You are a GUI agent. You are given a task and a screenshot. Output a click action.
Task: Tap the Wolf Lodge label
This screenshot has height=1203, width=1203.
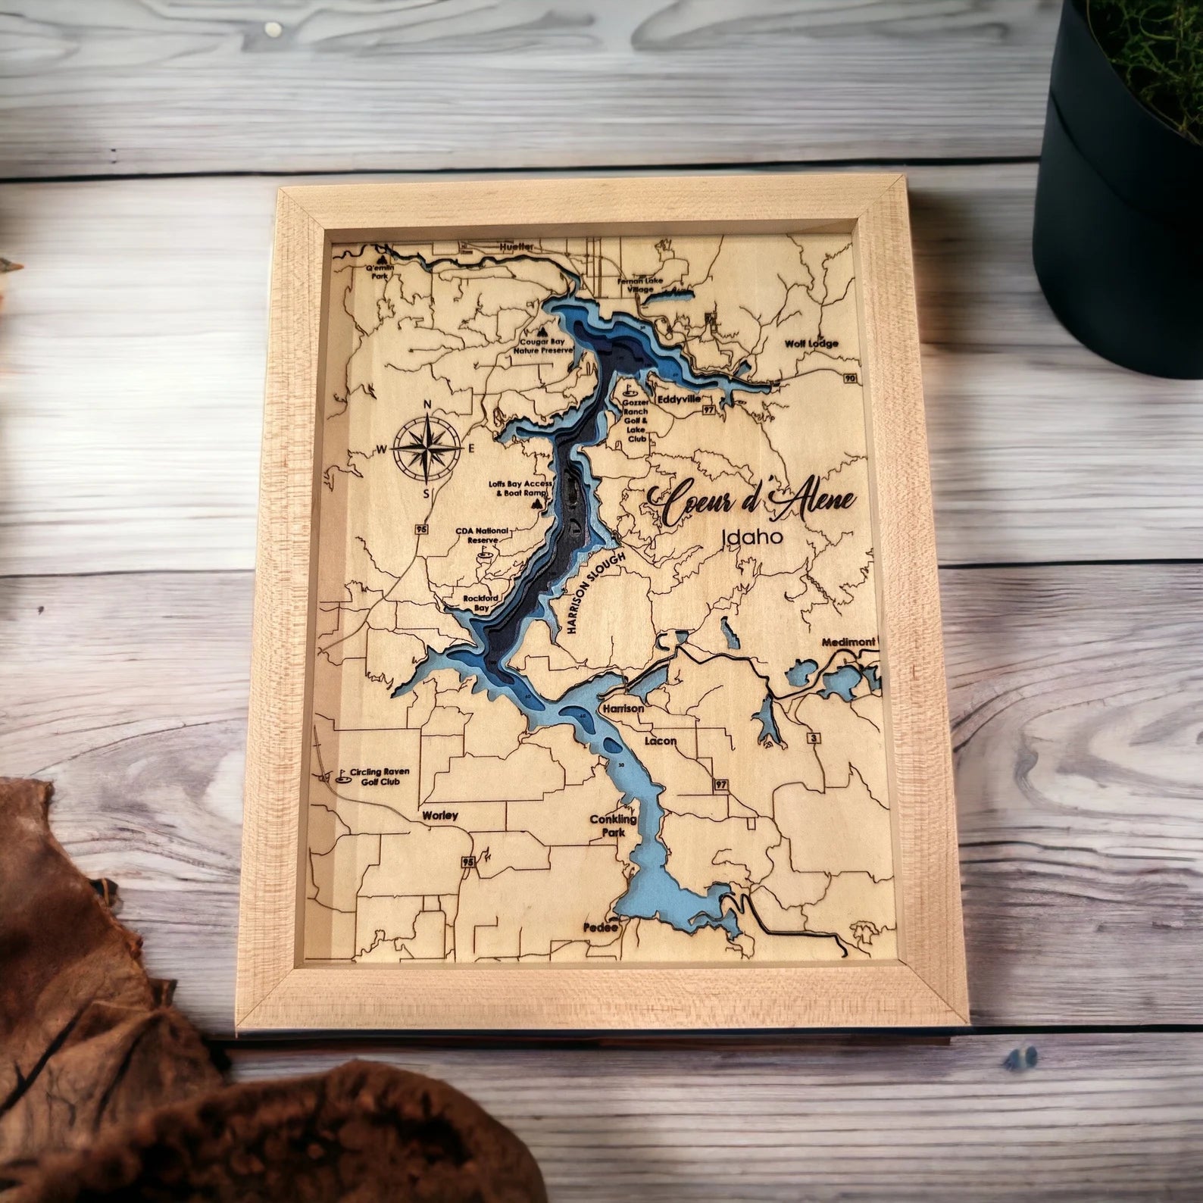811,343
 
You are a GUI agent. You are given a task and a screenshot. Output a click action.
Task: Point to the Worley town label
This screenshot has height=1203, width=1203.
440,815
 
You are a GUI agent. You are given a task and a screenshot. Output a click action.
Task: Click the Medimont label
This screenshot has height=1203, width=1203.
848,642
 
